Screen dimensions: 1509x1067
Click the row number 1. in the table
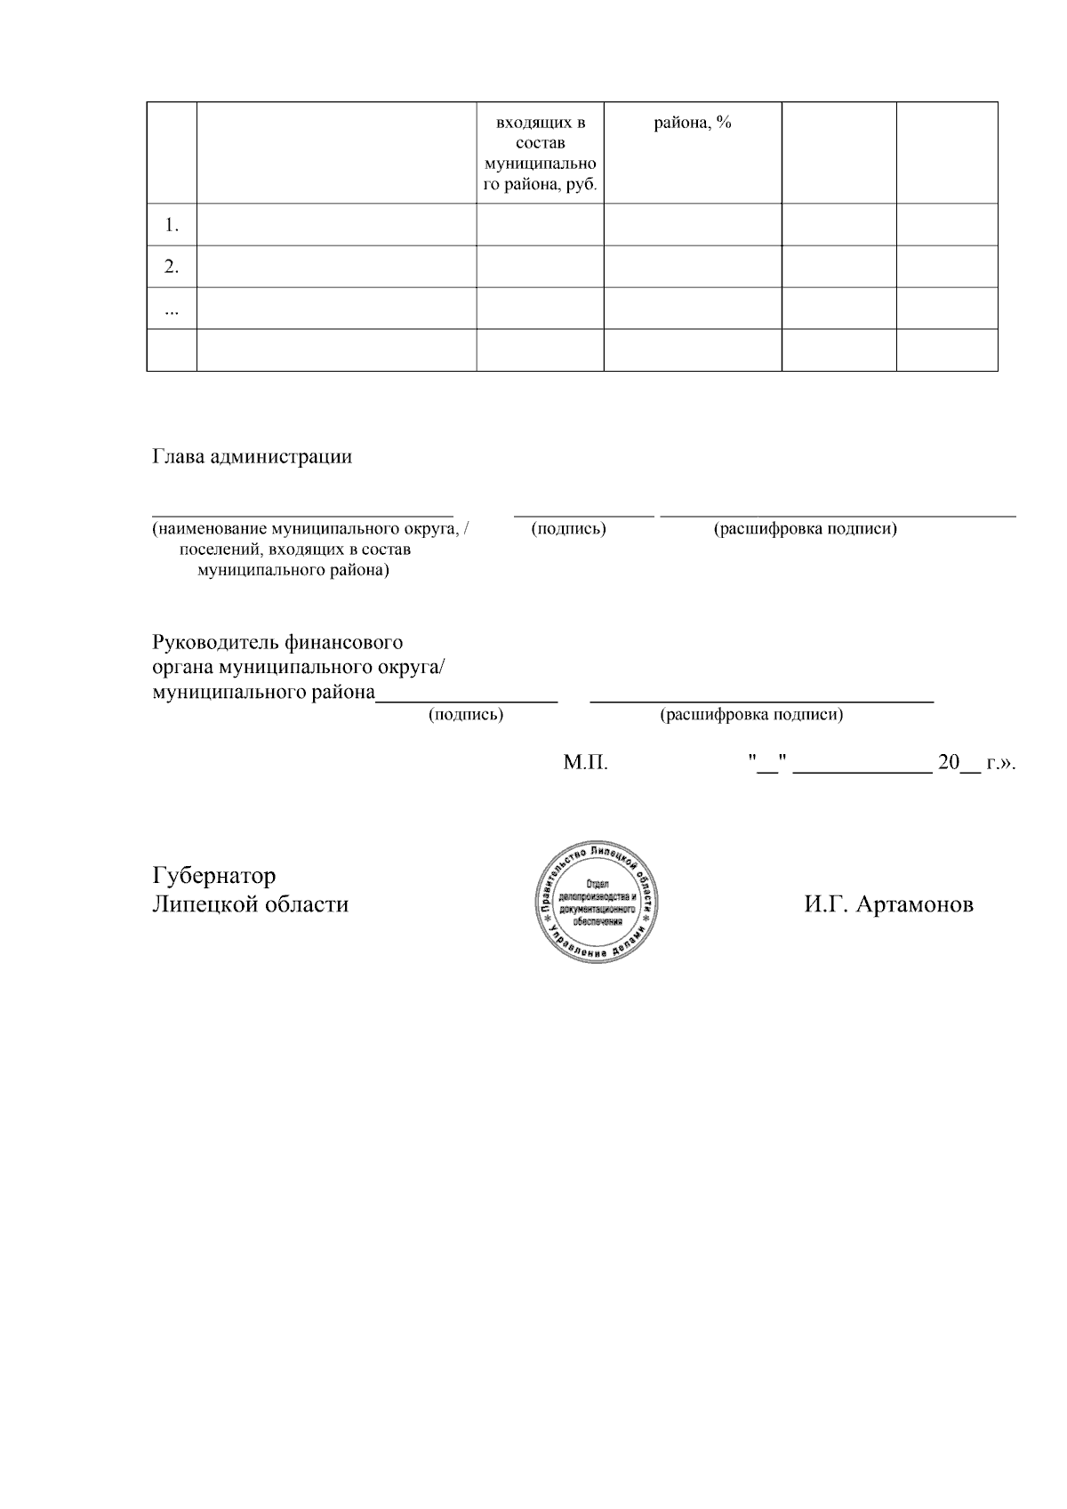click(172, 225)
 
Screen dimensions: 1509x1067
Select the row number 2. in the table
click(172, 267)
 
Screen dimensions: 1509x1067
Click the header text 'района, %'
click(693, 124)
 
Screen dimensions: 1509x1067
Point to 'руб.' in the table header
click(578, 185)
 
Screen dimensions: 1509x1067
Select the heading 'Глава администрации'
click(253, 457)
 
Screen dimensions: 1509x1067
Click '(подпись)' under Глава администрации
click(568, 529)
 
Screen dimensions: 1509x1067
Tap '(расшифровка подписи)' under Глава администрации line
click(805, 529)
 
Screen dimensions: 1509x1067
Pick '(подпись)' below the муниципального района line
click(466, 714)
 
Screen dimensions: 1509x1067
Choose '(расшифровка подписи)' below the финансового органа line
click(751, 714)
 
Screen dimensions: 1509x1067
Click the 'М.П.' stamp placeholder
click(586, 764)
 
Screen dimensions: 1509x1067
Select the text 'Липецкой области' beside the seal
click(251, 904)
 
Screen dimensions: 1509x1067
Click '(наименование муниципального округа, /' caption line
click(310, 529)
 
